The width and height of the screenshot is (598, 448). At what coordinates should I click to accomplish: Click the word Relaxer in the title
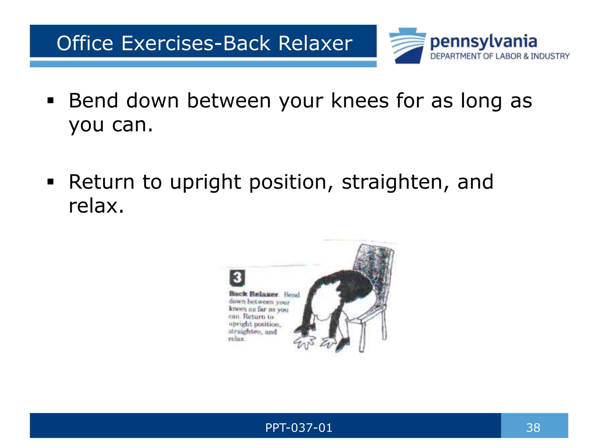(315, 43)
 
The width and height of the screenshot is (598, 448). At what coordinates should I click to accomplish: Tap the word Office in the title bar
(85, 43)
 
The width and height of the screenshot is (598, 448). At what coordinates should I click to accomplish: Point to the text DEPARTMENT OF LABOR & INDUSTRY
(500, 56)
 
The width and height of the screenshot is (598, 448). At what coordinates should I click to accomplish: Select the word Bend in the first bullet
(93, 101)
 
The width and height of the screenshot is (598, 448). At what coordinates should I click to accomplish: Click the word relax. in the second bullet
(96, 206)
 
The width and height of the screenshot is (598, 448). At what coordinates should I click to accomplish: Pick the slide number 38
(533, 428)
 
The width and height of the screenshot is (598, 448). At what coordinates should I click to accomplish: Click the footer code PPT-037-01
(299, 428)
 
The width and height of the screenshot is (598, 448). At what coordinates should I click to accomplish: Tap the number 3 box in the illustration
(237, 278)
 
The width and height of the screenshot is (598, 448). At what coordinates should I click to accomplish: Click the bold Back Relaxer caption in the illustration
(253, 294)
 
